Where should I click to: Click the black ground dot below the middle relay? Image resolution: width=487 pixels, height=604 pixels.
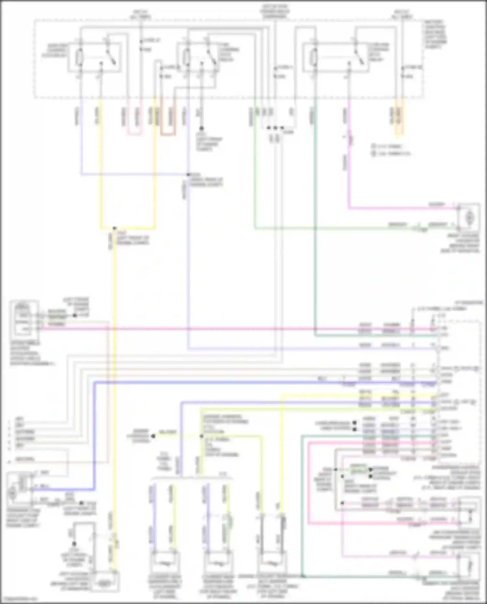pos(201,129)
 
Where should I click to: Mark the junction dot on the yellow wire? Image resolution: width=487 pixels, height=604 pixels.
pos(114,228)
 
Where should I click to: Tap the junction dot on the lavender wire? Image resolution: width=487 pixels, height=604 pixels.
pos(188,175)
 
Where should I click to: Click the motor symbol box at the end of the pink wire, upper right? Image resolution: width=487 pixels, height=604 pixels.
pos(468,216)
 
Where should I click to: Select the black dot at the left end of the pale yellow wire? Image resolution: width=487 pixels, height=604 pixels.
pos(153,436)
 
